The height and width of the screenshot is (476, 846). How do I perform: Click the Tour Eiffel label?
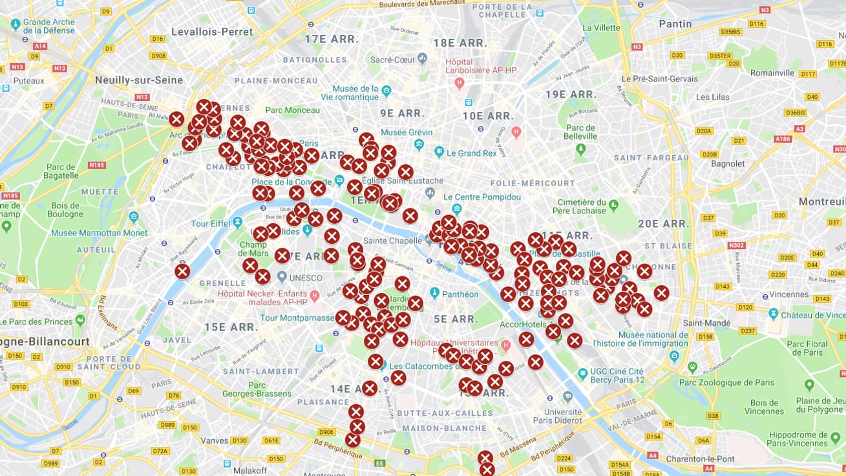pos(211,224)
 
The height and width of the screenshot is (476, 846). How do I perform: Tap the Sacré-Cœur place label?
pos(392,59)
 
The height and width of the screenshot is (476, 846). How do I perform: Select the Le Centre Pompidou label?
pos(483,197)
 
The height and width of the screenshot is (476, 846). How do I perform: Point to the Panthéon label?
pos(461,294)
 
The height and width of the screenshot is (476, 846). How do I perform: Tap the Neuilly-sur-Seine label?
pos(139,80)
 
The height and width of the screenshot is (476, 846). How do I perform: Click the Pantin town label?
pos(675,24)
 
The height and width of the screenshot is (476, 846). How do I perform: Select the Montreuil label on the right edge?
pos(821,202)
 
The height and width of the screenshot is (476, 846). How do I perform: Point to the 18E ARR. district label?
pos(460,43)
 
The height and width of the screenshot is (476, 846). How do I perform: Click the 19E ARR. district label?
pos(571,94)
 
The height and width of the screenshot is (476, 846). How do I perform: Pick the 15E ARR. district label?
pos(231,327)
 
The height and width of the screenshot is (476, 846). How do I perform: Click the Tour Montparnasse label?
pos(296,318)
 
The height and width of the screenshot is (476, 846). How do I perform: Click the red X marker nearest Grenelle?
pos(182,272)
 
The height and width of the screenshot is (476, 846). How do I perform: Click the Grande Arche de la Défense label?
pos(49,26)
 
